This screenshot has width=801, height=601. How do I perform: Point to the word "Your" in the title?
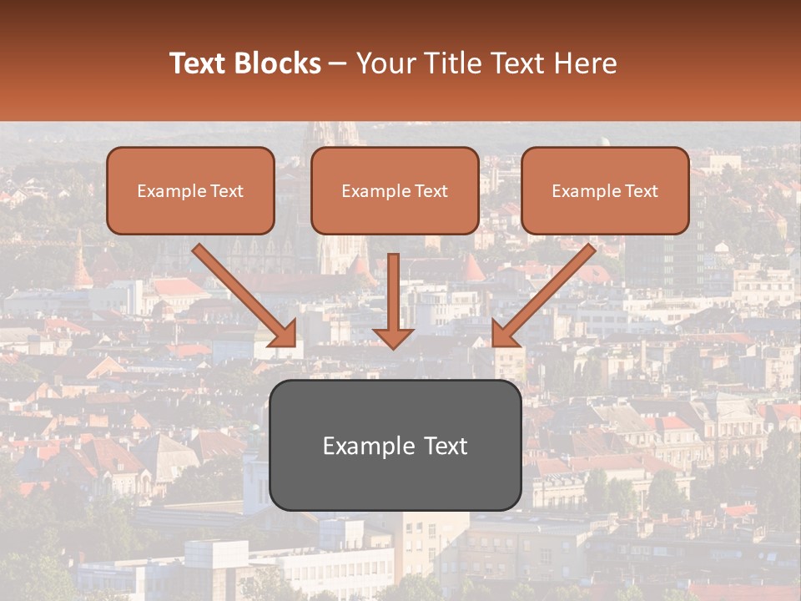(x=385, y=63)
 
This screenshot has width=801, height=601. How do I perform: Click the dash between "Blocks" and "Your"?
(x=338, y=64)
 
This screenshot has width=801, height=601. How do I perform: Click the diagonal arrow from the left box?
(x=242, y=292)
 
